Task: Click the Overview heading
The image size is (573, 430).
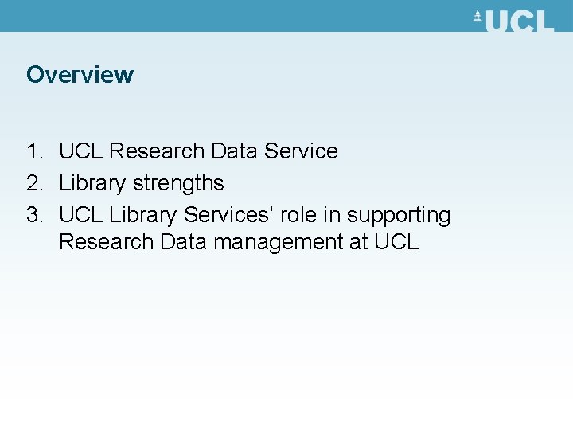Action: tap(80, 75)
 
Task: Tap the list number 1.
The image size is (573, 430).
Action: tap(33, 151)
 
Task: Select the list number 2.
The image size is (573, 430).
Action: tap(33, 183)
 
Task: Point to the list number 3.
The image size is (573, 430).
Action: tap(33, 215)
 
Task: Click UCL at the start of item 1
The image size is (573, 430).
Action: tap(81, 151)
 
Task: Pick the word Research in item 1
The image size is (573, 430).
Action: tap(154, 151)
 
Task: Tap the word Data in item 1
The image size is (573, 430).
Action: tap(233, 151)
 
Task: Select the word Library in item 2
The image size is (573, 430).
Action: tap(92, 184)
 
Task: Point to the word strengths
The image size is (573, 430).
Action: tap(178, 183)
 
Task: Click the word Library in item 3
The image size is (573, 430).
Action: tap(142, 216)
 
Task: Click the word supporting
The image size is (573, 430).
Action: tap(399, 216)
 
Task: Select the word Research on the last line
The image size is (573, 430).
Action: tap(106, 242)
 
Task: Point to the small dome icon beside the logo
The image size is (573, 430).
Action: tap(478, 17)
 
